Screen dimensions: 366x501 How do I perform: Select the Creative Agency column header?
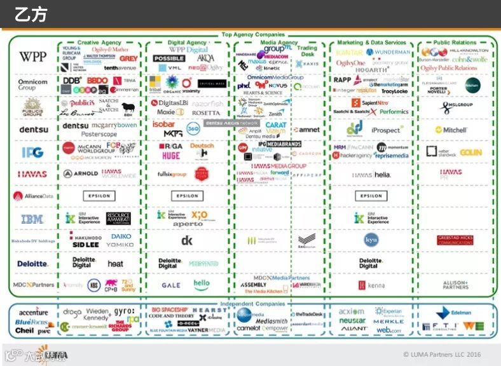[99, 43]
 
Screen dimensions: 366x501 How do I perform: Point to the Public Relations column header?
[455, 43]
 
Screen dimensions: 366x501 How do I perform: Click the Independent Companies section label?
[253, 304]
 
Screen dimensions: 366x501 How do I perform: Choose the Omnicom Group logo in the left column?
[32, 85]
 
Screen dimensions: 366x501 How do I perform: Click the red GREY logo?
[128, 58]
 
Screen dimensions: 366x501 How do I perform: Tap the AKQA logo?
[205, 58]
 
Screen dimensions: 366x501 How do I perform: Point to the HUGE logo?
[171, 155]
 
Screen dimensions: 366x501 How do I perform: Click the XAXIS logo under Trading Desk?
[308, 64]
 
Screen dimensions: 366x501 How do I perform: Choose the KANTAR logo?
[349, 52]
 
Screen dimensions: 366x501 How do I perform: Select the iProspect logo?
[387, 130]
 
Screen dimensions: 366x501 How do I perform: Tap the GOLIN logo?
[470, 152]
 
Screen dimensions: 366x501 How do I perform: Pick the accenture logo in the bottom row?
[33, 313]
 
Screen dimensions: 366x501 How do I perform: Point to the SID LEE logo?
[86, 245]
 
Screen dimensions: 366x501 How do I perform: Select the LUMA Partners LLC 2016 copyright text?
[442, 355]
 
